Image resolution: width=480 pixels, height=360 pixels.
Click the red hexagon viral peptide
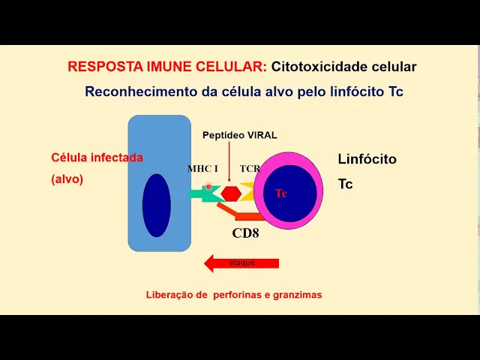pyautogui.click(x=230, y=193)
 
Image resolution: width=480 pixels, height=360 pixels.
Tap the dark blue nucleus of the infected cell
pyautogui.click(x=156, y=205)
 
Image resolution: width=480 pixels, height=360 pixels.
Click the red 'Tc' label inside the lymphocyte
pyautogui.click(x=281, y=193)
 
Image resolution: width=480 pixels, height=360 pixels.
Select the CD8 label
pyautogui.click(x=245, y=233)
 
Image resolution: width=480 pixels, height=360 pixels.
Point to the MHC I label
pyautogui.click(x=202, y=169)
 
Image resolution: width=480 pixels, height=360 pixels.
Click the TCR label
pyautogui.click(x=250, y=169)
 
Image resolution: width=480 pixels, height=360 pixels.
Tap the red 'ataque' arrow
pyautogui.click(x=241, y=263)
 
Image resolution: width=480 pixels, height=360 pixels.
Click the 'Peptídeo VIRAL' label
pyautogui.click(x=240, y=136)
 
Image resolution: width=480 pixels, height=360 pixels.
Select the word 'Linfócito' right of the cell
pyautogui.click(x=367, y=159)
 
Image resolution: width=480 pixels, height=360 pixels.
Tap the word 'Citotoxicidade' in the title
pyautogui.click(x=313, y=66)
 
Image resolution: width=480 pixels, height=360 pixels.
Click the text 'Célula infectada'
pyautogui.click(x=97, y=157)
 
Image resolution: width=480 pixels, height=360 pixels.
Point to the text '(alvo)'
pyautogui.click(x=67, y=179)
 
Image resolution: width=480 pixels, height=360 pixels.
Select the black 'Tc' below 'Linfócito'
pyautogui.click(x=346, y=184)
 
